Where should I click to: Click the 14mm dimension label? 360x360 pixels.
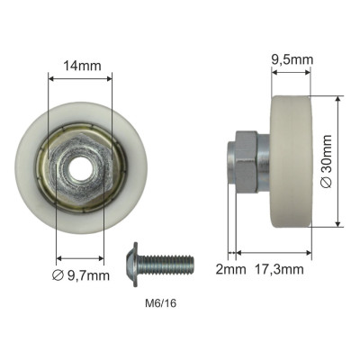pyautogui.click(x=82, y=66)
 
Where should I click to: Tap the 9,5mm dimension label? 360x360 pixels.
pyautogui.click(x=292, y=59)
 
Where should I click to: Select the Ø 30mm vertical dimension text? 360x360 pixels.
pyautogui.click(x=326, y=162)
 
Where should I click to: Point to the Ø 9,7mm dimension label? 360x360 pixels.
pyautogui.click(x=81, y=275)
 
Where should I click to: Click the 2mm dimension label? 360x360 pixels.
pyautogui.click(x=231, y=269)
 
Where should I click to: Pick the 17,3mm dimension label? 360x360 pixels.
pyautogui.click(x=279, y=269)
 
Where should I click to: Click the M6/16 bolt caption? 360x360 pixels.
pyautogui.click(x=161, y=303)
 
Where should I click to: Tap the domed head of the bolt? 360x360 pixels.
pyautogui.click(x=131, y=265)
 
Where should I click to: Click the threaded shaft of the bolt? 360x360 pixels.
pyautogui.click(x=166, y=265)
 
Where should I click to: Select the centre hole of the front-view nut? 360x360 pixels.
pyautogui.click(x=80, y=169)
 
